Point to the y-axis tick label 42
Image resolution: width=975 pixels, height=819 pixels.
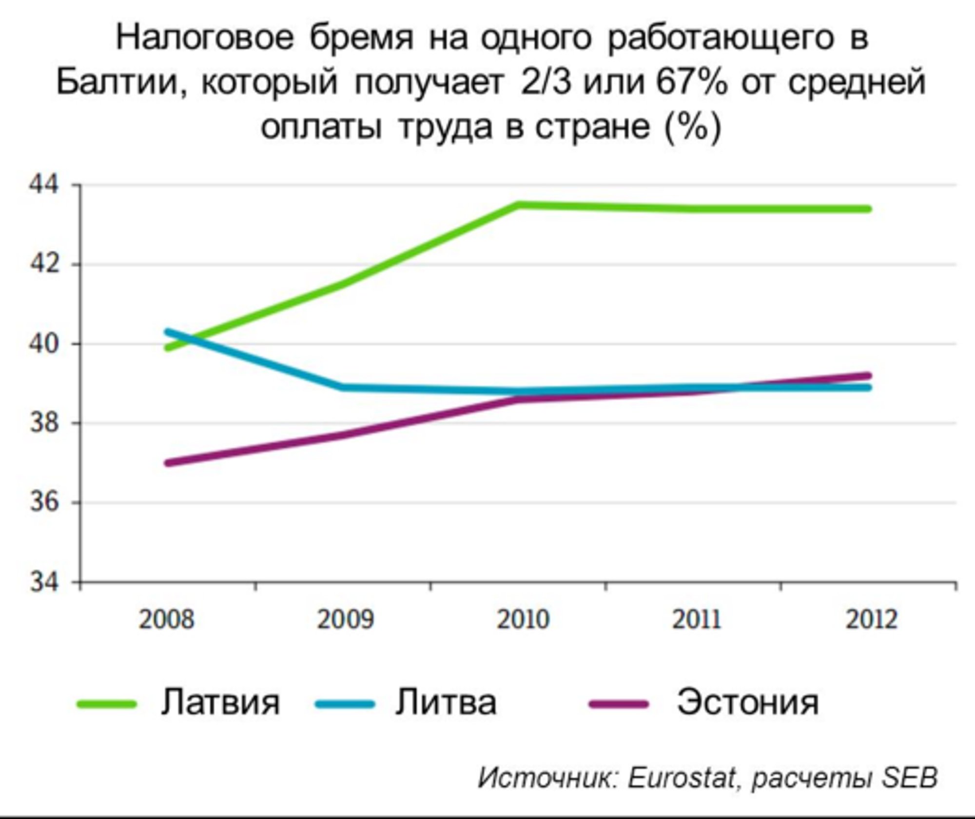point(43,265)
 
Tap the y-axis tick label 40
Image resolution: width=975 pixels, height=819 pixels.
point(43,344)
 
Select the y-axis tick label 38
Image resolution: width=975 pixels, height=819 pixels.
point(43,423)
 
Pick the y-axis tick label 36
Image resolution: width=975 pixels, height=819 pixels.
point(43,502)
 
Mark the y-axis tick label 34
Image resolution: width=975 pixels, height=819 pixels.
point(43,582)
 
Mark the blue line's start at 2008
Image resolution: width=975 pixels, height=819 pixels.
point(168,332)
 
